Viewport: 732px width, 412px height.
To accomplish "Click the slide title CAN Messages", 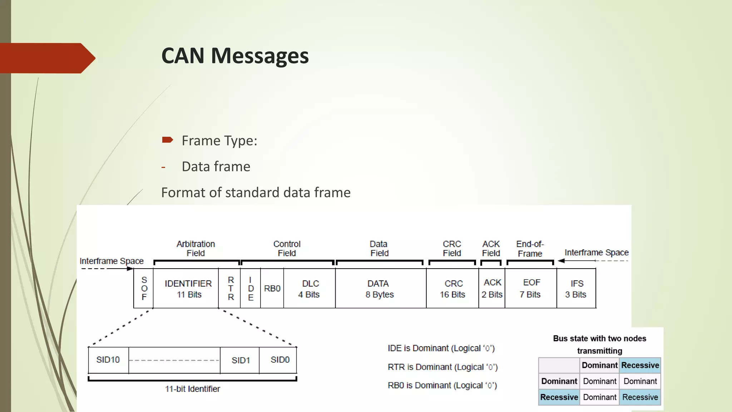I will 235,56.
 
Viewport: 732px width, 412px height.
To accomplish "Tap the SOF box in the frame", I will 144,288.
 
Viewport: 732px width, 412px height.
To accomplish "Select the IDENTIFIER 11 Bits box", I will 188,289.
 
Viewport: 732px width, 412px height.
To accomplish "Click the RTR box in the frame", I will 231,288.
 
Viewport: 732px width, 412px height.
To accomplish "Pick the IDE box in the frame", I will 251,288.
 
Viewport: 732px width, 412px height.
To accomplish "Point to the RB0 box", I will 272,288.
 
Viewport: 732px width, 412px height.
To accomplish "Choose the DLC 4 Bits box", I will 310,289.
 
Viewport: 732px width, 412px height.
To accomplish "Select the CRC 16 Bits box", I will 453,289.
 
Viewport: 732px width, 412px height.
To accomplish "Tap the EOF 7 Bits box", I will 530,288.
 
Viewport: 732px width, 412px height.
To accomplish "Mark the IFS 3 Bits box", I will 576,289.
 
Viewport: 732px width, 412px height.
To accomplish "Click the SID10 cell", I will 108,360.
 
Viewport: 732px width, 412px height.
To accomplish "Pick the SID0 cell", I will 280,360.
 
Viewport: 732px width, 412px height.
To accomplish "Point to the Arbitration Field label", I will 196,249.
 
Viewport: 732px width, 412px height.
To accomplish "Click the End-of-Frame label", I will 530,249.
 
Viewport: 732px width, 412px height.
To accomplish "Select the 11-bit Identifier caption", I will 192,389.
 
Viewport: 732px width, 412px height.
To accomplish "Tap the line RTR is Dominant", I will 442,367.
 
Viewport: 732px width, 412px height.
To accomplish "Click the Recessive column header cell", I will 640,365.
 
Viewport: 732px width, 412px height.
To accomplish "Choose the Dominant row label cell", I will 559,381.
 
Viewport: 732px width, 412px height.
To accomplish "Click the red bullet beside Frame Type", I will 167,140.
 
